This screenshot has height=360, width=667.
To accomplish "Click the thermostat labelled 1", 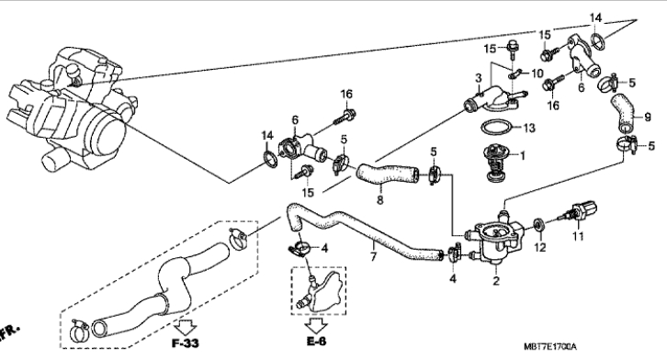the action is [x=494, y=163].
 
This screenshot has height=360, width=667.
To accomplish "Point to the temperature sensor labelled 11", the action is [x=580, y=211].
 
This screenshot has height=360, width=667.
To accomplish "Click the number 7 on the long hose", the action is [x=373, y=257].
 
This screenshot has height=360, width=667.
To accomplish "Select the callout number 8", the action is [x=379, y=199].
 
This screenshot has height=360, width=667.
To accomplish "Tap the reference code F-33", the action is [x=186, y=343].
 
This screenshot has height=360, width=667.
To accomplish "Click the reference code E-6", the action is [x=316, y=341].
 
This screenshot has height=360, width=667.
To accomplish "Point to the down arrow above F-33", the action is [x=186, y=327].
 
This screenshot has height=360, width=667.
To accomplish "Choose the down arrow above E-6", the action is [x=316, y=326].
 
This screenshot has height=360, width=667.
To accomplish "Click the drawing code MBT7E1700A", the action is [x=550, y=347].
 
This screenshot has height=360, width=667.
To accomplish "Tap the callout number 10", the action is [x=537, y=73].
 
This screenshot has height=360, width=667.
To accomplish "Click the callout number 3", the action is [x=479, y=78].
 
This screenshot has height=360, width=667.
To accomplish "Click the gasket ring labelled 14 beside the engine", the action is [x=270, y=161].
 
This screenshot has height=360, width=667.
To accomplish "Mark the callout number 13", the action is [x=529, y=128].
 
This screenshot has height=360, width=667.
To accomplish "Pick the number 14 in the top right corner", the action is [x=595, y=17].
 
